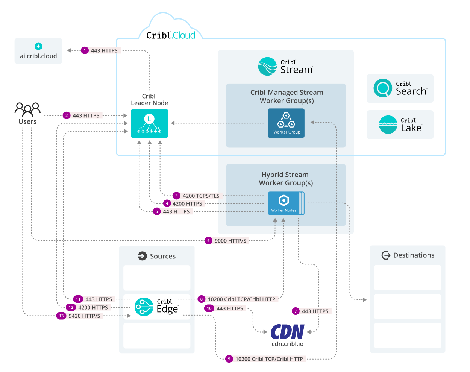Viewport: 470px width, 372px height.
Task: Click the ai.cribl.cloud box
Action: pos(38,51)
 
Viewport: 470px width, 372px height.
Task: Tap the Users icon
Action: pos(27,109)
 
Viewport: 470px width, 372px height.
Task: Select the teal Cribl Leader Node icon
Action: pos(149,123)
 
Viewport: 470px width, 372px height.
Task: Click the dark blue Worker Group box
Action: pos(286,123)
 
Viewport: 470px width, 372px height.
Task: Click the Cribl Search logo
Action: pos(383,88)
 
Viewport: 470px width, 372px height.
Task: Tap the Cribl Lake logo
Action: pos(388,125)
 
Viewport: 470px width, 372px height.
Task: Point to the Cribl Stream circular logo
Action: pos(267,67)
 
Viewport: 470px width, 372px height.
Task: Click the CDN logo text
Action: pos(287,332)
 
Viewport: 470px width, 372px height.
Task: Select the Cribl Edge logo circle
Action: pos(144,307)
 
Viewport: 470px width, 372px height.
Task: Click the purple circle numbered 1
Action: pos(85,50)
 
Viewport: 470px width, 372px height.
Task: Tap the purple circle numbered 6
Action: pos(208,241)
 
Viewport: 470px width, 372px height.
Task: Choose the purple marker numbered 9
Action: pos(229,359)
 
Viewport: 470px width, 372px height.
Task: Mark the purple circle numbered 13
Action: pos(61,316)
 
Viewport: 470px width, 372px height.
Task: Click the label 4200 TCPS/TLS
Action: pos(201,196)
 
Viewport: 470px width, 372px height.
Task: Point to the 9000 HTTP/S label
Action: pos(230,241)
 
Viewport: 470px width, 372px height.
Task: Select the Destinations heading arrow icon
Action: pos(386,255)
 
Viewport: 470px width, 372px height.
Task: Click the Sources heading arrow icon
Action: pos(142,256)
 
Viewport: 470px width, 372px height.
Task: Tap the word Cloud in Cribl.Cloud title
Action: pos(184,35)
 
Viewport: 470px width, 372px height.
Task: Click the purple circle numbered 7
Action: pos(296,311)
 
